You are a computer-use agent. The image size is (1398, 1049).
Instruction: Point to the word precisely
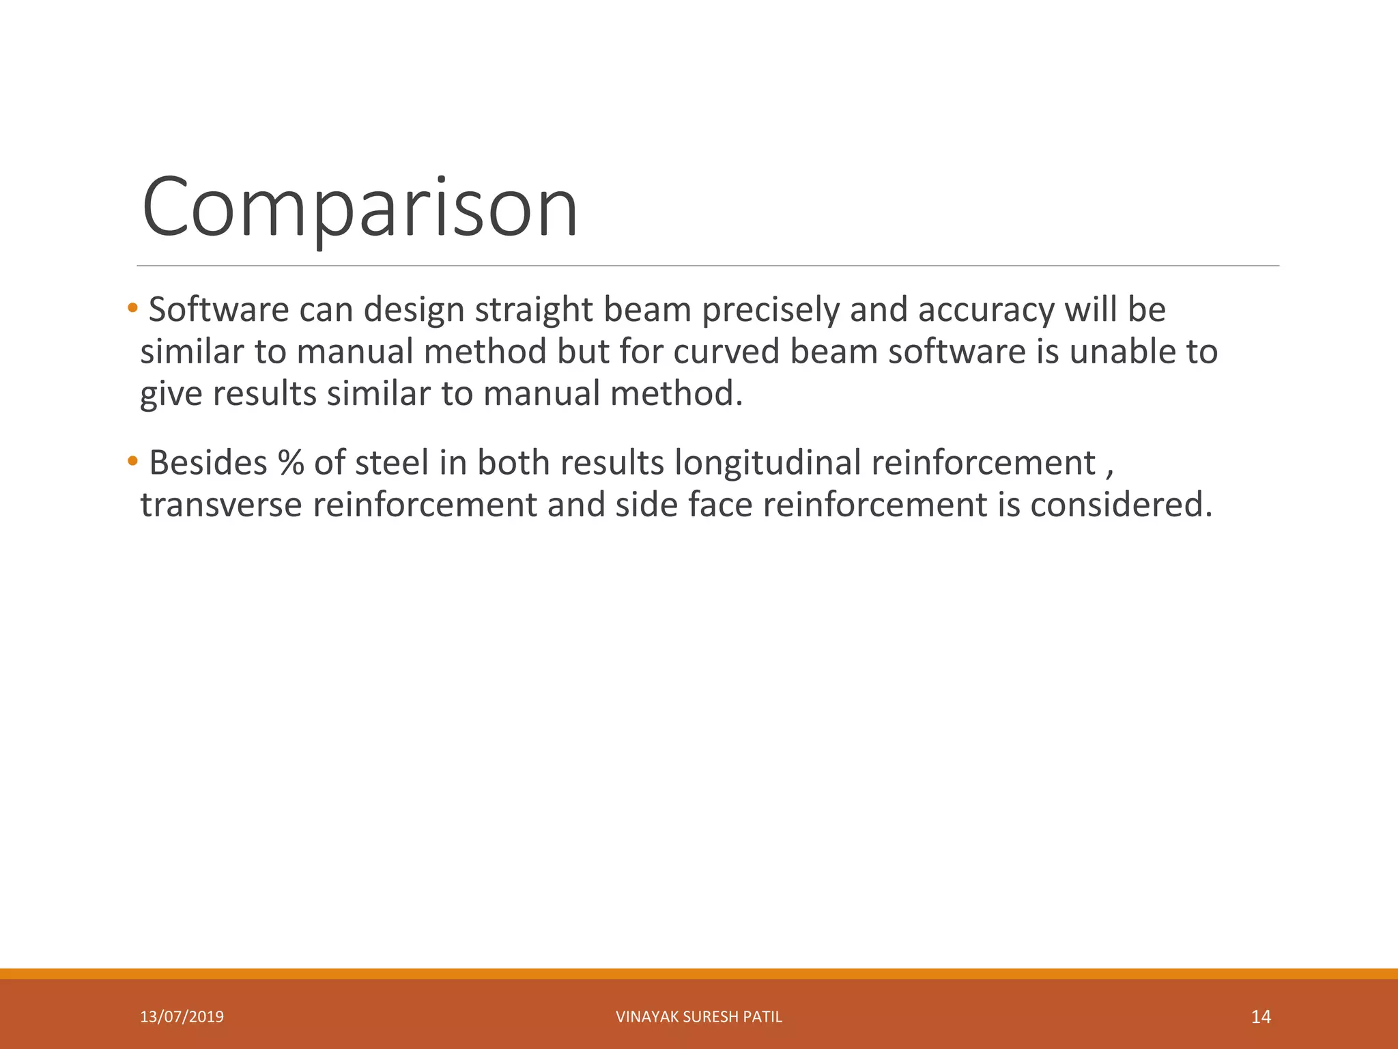[770, 310]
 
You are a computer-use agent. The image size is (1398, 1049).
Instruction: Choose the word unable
[1109, 352]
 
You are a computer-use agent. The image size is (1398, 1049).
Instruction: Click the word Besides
[208, 463]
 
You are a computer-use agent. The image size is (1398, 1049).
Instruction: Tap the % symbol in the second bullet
[291, 463]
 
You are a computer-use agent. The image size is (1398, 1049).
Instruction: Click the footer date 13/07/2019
[182, 1017]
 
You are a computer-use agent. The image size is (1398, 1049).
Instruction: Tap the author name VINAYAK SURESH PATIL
[698, 1017]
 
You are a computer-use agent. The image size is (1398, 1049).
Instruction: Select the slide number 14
[1260, 1017]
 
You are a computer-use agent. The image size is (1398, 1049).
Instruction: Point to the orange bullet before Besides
[132, 462]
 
